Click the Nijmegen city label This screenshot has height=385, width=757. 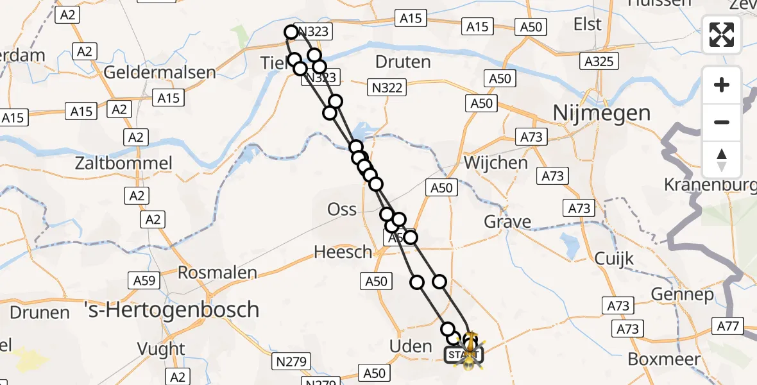[601, 114]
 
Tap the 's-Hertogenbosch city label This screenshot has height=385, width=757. [172, 310]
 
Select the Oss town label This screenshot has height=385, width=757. [342, 209]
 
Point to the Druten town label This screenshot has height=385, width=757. [403, 62]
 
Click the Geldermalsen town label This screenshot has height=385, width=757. [160, 72]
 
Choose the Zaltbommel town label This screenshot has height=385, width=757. [123, 163]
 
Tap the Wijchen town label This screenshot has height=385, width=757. [495, 162]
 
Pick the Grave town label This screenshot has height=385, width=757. [507, 222]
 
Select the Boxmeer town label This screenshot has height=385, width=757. [664, 359]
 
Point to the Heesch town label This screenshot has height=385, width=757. [343, 252]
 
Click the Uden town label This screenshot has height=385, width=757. [411, 346]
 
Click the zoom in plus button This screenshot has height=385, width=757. [722, 85]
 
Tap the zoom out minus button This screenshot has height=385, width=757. [722, 122]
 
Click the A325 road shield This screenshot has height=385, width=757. [600, 62]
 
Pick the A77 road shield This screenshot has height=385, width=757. [728, 327]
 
